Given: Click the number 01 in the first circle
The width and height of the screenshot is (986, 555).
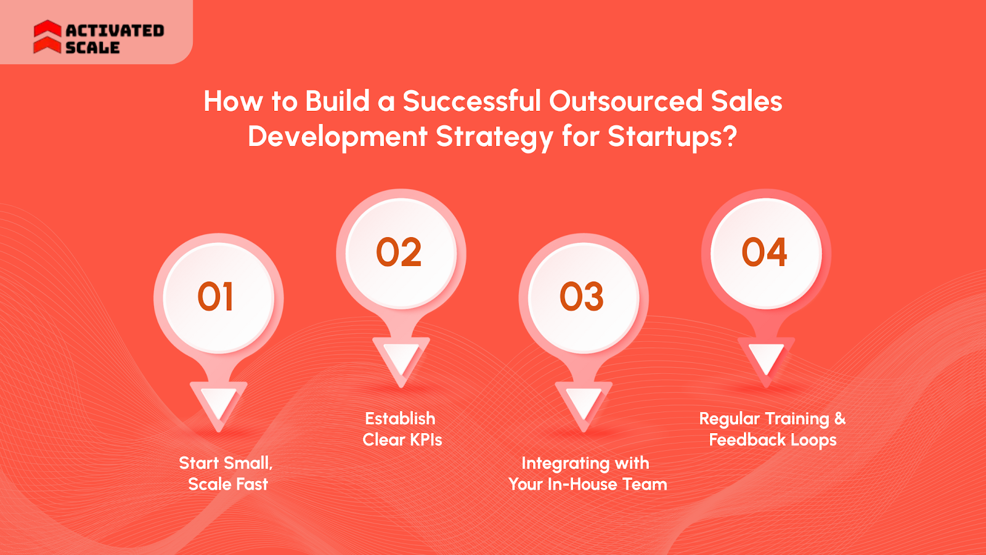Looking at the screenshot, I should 216,297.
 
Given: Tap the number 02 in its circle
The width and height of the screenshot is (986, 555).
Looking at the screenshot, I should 399,253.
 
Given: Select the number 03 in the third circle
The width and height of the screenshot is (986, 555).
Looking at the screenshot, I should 582,297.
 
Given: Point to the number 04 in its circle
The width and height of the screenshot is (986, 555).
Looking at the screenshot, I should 765,253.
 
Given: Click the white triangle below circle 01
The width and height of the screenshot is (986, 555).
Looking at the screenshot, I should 218,403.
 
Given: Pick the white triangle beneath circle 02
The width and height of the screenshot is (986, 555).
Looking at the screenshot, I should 401,358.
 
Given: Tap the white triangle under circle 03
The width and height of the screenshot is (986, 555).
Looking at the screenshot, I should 583,403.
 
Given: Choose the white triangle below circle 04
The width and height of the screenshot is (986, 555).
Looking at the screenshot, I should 766,358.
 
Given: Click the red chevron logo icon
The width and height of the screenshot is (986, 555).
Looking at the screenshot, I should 47,37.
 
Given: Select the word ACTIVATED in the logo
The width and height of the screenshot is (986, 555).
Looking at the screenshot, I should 115,30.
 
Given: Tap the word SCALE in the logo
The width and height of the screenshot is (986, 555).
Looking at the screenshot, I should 92,47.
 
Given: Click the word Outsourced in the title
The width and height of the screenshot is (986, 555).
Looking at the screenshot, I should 625,102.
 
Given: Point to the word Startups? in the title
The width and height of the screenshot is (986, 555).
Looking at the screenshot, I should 672,137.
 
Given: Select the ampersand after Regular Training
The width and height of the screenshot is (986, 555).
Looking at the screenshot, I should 840,419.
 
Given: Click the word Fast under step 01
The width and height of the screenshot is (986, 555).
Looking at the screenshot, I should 252,484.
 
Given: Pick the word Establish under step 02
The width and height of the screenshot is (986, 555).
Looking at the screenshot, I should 400,419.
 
